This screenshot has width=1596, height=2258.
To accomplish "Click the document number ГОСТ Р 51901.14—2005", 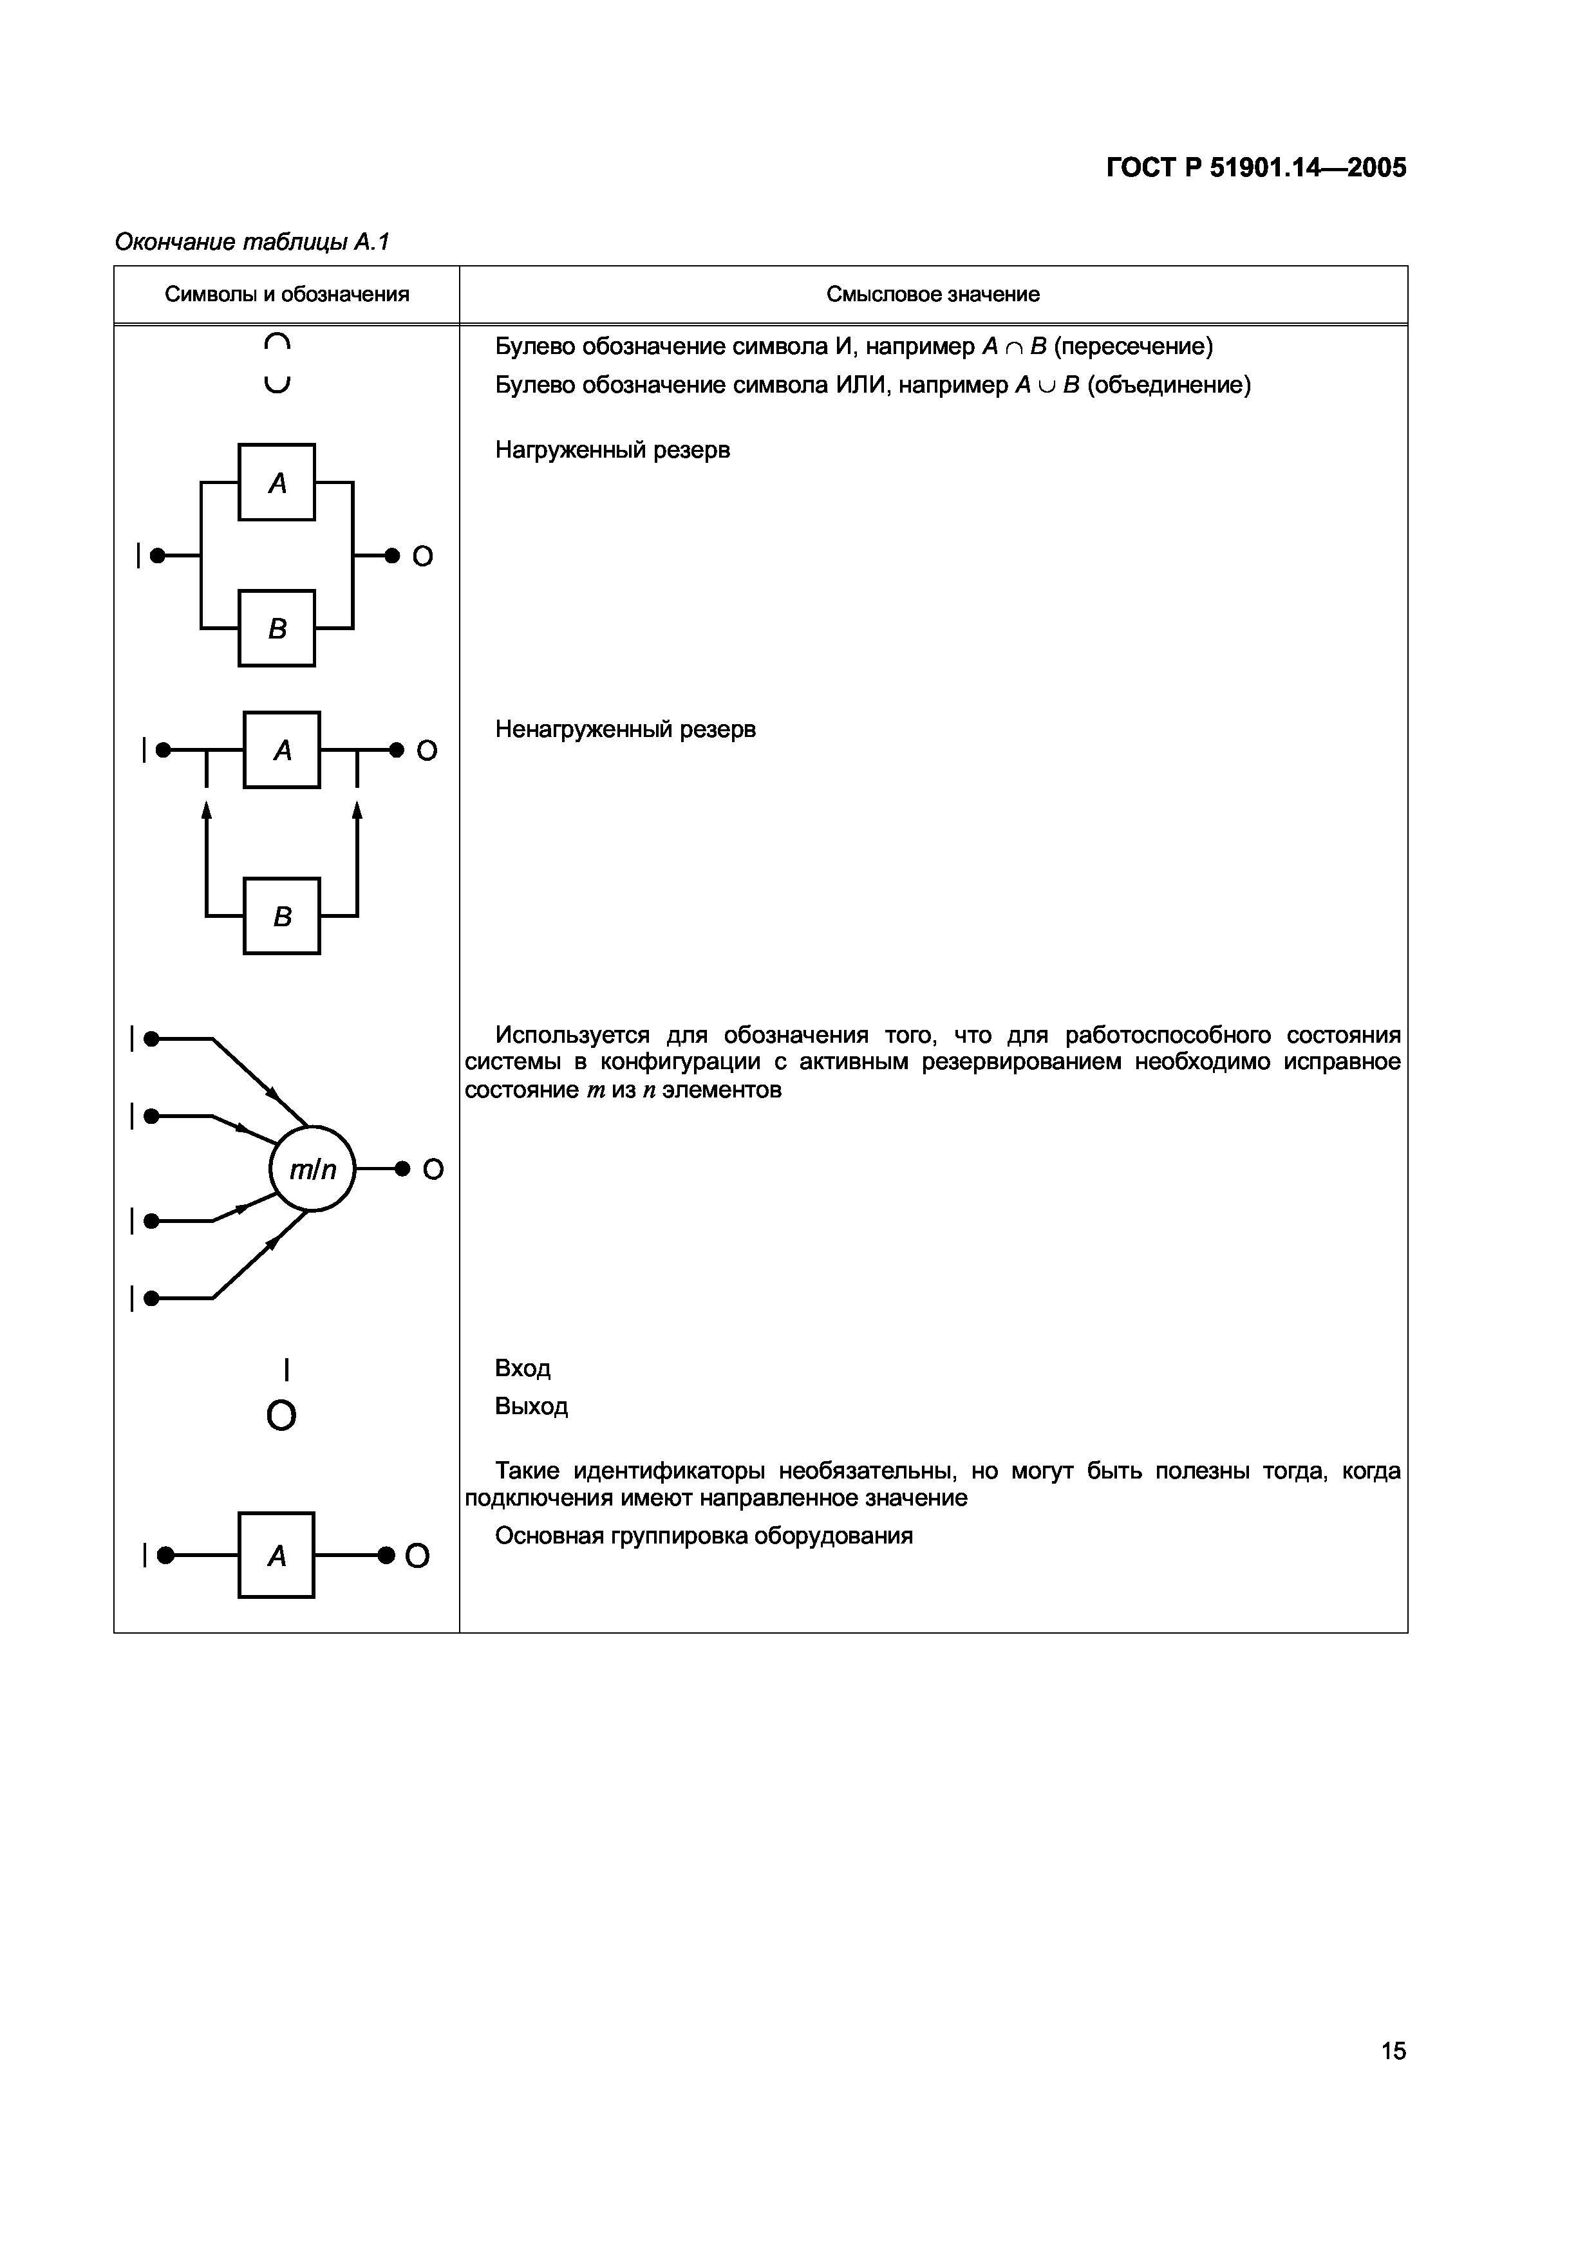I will (x=1256, y=168).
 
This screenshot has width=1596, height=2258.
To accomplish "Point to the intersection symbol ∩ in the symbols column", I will (x=277, y=343).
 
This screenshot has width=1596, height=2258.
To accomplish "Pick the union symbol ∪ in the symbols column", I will (x=277, y=384).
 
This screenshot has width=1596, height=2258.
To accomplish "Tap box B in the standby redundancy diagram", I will (x=281, y=915).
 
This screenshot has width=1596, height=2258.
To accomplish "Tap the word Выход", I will (x=531, y=1406).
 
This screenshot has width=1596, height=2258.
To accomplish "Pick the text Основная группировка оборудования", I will (x=703, y=1536).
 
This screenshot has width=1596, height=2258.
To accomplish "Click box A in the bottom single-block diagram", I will (x=276, y=1555).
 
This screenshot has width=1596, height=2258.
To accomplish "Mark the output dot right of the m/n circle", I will (x=401, y=1168).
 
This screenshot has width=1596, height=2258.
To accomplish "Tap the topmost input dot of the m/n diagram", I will (x=151, y=1038).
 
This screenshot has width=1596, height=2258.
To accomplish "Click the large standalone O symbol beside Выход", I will (x=281, y=1415).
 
